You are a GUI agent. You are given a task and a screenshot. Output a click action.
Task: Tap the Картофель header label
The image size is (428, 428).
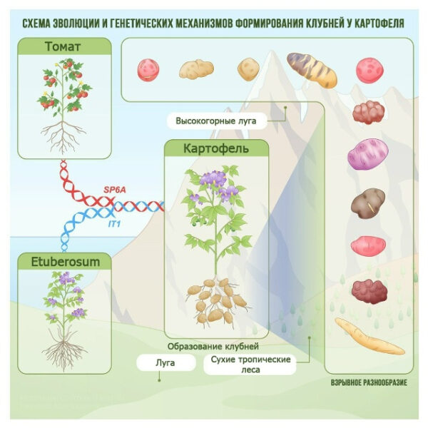pos(216,151)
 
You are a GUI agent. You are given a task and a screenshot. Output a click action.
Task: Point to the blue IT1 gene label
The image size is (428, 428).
pos(113,224)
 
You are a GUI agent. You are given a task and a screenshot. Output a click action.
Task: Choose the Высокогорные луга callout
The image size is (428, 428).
pos(216,121)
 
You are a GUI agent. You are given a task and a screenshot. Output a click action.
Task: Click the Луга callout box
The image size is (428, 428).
pos(165,363)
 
